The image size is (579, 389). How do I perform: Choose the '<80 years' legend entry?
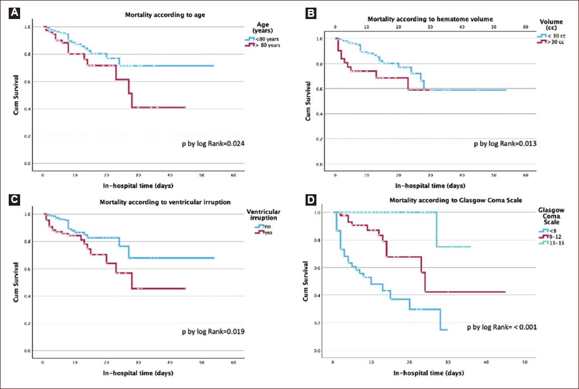[260, 39]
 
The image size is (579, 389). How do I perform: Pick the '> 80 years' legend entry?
[261, 46]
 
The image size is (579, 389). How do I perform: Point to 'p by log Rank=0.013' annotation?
[509, 144]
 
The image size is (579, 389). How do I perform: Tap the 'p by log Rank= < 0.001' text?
[503, 328]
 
